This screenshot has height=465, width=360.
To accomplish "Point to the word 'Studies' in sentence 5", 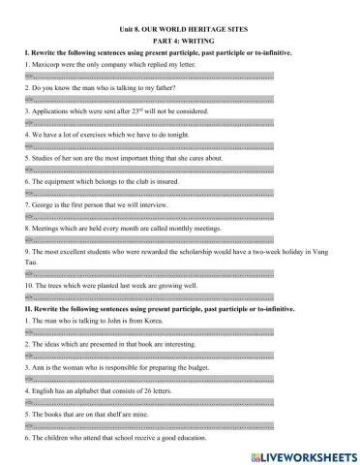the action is tap(40, 158).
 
